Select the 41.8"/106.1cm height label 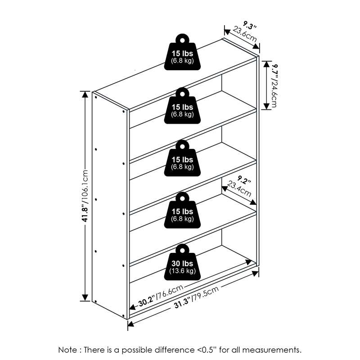point(84,196)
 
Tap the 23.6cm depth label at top point(245,35)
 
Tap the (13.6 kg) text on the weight point(182,271)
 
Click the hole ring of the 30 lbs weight point(182,249)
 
